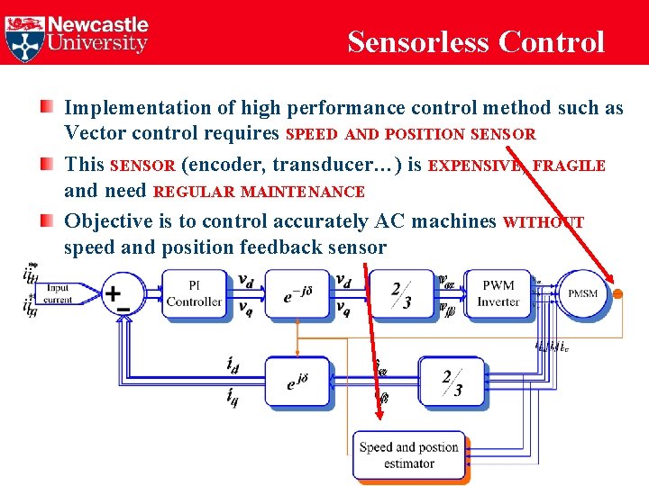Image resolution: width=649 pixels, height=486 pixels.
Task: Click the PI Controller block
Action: coord(194,294)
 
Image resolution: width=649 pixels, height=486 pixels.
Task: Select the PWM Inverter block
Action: coord(498,293)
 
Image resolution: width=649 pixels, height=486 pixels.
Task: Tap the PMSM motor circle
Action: coord(582,292)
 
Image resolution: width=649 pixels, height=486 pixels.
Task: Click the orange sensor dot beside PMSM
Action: coord(618,292)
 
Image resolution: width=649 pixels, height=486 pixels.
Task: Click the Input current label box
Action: coord(58,294)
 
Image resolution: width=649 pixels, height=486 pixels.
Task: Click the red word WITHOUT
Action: coord(544,222)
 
